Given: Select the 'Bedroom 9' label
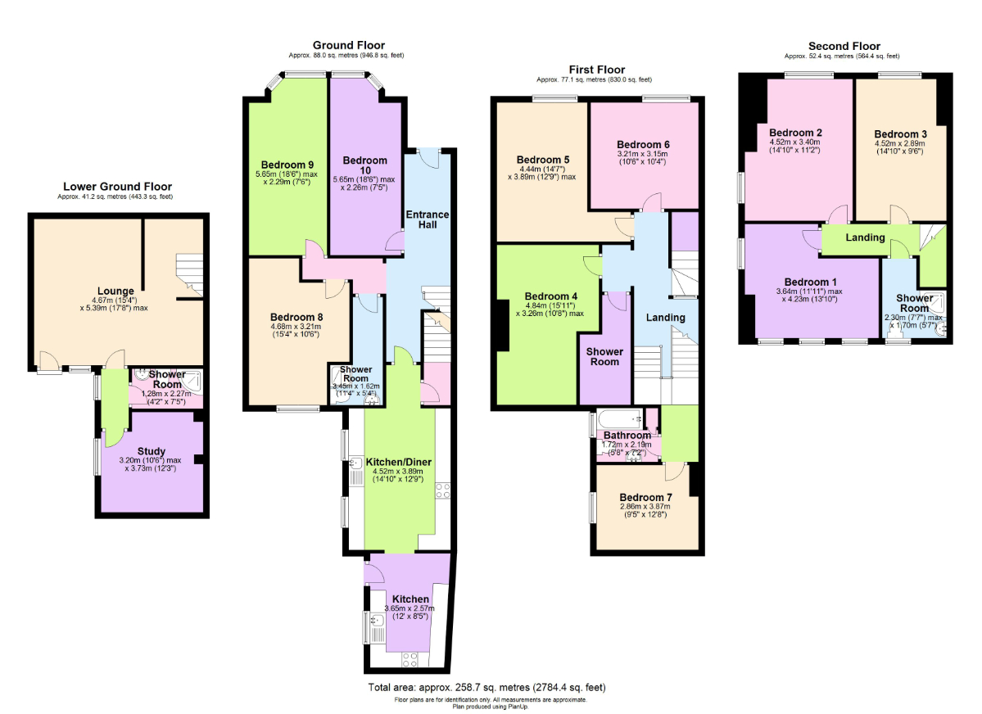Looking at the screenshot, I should [287, 162].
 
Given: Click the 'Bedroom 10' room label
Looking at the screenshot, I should [364, 165].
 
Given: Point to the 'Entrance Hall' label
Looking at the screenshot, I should [428, 220].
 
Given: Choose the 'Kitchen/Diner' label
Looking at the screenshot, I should [397, 461].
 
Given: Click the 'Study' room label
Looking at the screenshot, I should [152, 451].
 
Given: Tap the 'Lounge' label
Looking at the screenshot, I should [115, 291].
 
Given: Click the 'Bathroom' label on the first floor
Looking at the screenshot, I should [627, 435].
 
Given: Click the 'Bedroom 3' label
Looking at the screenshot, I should [900, 134].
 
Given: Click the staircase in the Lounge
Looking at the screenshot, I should [190, 274].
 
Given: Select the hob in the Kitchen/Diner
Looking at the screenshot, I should [443, 491].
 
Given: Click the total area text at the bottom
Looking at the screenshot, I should [487, 687].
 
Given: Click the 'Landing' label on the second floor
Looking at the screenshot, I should [865, 237].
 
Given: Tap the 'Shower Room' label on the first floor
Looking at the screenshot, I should [604, 357].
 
